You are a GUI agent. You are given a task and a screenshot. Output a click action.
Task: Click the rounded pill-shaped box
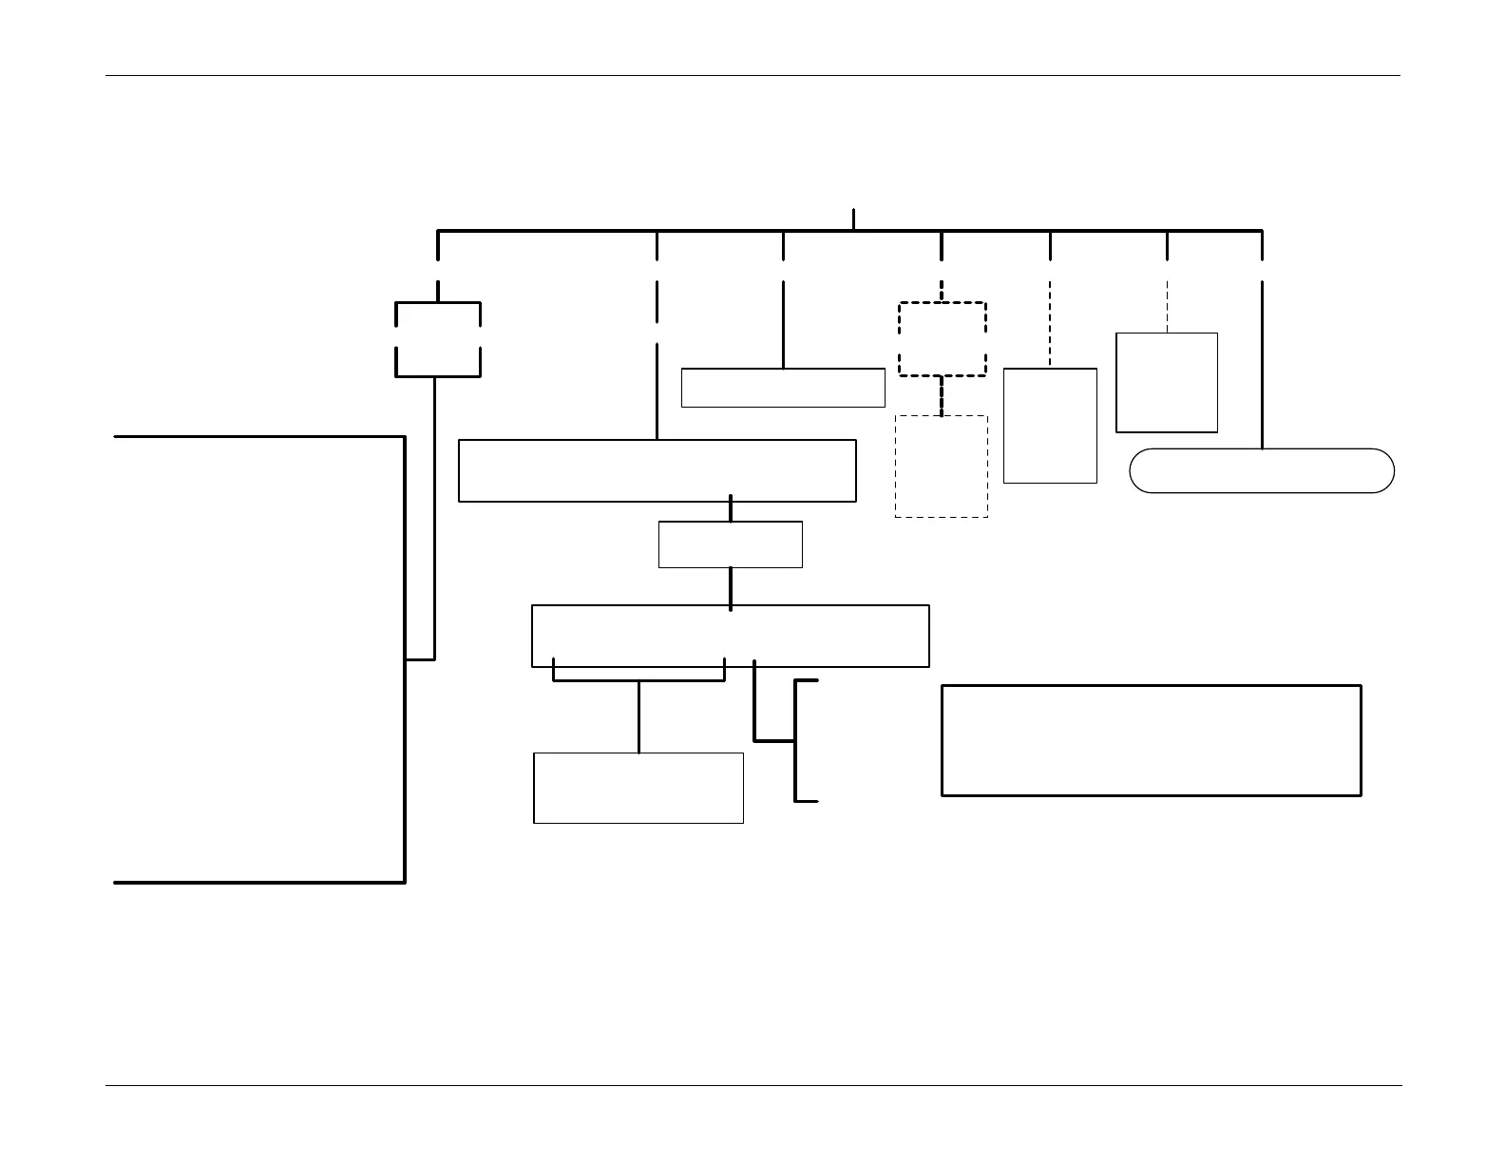coord(1262,470)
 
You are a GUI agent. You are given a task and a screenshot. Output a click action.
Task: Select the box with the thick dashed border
coord(942,339)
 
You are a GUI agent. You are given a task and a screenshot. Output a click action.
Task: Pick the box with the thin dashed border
coord(942,467)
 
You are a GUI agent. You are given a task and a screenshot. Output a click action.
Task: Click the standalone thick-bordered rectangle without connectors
coord(1151,740)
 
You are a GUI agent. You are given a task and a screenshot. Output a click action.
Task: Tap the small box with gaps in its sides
coord(438,339)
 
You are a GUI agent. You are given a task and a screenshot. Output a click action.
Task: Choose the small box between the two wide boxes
coord(730,544)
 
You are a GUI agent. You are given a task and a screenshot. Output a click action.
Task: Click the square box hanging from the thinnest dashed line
coord(1167,383)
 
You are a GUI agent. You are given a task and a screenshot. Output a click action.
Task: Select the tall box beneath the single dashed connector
coord(1050,426)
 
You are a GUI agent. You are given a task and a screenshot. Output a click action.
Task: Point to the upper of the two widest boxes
coord(657,470)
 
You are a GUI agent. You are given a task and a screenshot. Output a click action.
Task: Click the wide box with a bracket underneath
coord(730,636)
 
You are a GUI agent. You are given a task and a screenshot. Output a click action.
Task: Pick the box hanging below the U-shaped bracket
coord(638,788)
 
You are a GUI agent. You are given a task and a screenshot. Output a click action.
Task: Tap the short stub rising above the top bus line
coord(853,219)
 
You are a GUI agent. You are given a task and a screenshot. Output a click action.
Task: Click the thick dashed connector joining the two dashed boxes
coord(942,396)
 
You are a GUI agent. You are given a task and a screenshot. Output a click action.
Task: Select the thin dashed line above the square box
coord(1167,306)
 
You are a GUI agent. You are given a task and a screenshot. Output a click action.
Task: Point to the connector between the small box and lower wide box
coord(730,587)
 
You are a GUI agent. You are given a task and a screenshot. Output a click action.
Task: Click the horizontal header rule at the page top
coord(752,75)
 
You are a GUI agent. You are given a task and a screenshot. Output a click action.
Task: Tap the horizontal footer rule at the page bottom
coord(752,1085)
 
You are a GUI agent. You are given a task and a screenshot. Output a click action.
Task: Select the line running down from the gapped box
coord(434,518)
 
